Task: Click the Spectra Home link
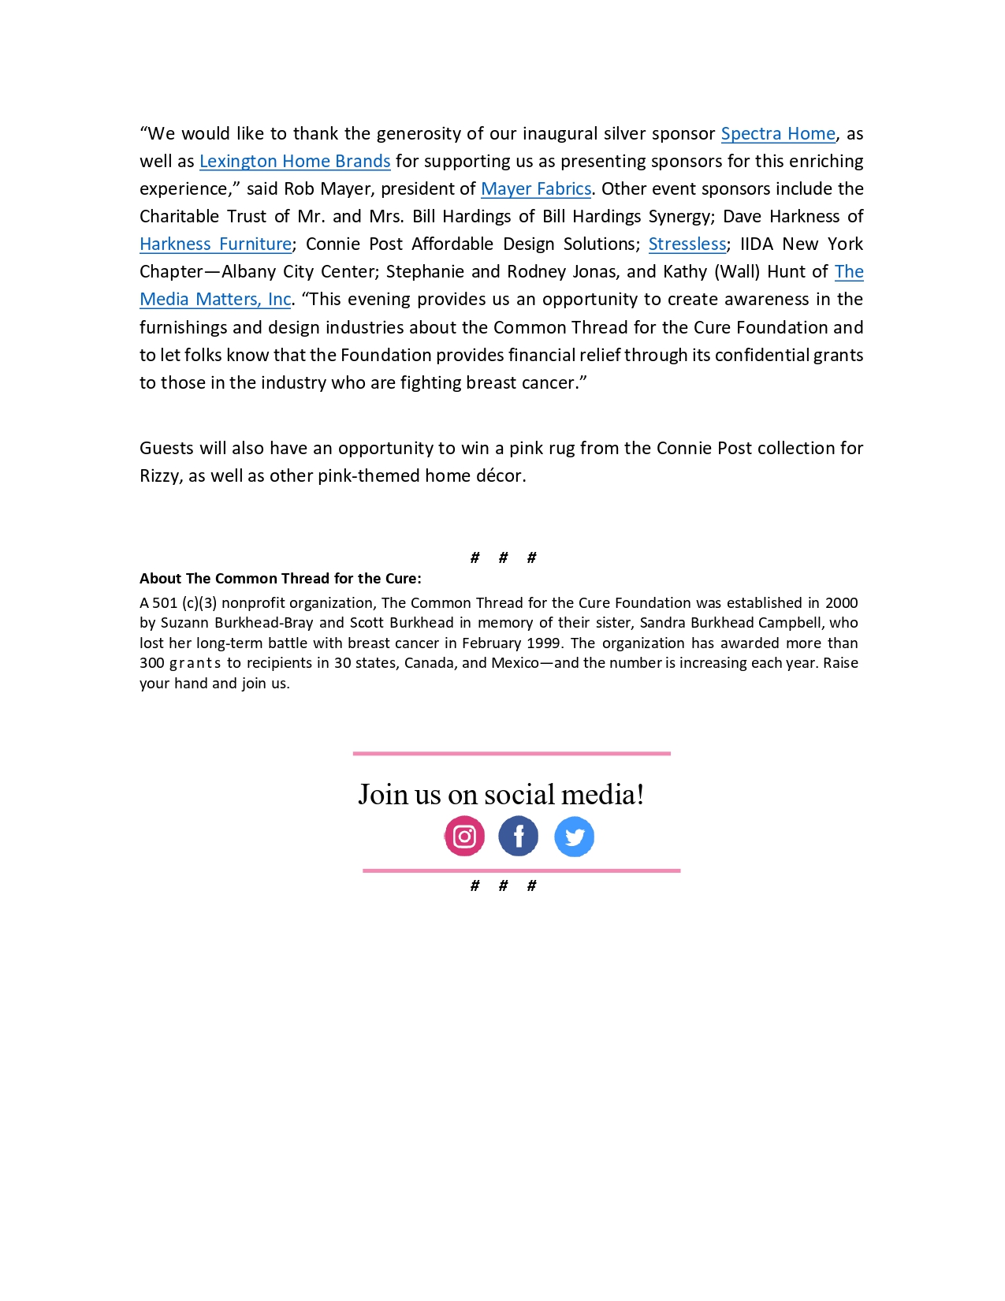coord(777,134)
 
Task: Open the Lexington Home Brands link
coord(295,162)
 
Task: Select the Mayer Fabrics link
coord(536,189)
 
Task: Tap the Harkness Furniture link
coord(215,244)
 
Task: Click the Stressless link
coord(687,244)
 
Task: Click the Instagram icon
coord(464,837)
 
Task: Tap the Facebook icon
coord(518,837)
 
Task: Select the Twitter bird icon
coord(574,837)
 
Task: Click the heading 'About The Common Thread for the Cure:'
coord(280,579)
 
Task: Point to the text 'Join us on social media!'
coord(501,795)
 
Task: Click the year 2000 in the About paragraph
coord(841,603)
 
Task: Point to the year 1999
coord(544,643)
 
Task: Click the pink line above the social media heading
coord(512,754)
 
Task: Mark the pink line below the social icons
coord(521,870)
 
